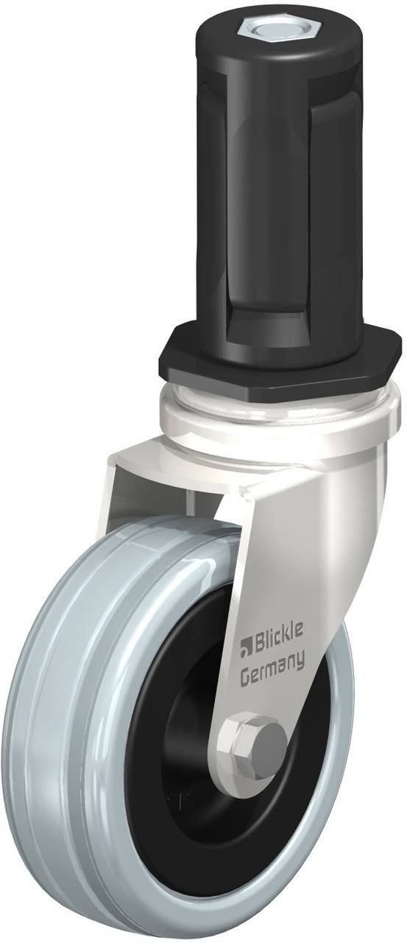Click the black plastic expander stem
click(x=277, y=189)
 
